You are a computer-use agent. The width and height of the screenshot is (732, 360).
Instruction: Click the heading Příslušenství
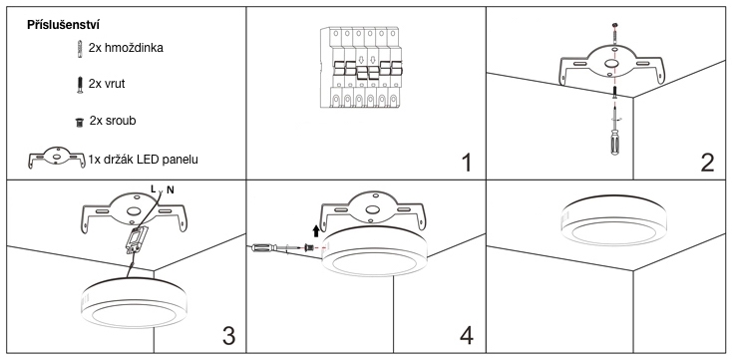pos(63,25)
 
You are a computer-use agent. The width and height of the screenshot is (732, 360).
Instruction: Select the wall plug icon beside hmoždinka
pos(80,49)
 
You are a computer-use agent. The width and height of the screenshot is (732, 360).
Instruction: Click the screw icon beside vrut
pos(80,85)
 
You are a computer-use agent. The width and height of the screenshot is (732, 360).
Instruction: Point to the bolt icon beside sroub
pos(79,123)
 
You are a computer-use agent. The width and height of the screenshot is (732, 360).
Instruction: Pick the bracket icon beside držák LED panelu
pos(57,158)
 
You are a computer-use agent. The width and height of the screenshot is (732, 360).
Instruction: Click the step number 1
pos(466,163)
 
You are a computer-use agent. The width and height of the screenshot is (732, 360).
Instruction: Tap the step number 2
pos(707,163)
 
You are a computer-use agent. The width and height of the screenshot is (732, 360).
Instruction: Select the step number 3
pos(228,335)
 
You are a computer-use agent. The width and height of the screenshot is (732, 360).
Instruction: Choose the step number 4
pos(467,335)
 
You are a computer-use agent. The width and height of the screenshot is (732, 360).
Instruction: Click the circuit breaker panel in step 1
pos(360,68)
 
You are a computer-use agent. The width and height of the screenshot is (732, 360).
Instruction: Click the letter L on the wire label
pos(154,187)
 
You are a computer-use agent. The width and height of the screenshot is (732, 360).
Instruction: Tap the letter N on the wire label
pos(171,189)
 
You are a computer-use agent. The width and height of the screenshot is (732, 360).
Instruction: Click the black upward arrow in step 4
pos(316,230)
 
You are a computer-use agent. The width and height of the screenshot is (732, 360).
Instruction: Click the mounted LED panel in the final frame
pos(613,220)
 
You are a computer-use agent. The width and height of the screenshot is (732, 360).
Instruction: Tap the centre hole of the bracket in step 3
pos(134,211)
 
